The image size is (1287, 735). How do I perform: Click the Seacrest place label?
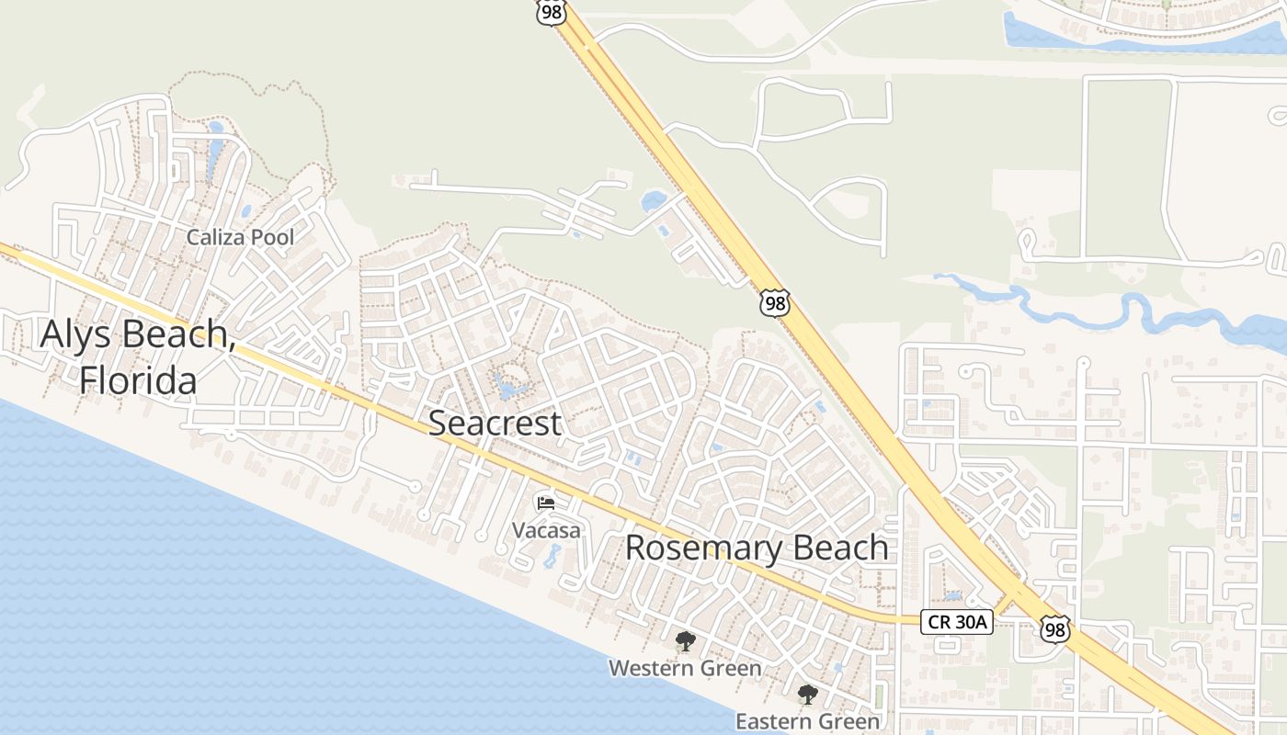tap(495, 424)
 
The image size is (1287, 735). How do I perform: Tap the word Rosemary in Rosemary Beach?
tap(699, 548)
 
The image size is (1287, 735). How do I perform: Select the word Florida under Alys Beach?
tap(138, 379)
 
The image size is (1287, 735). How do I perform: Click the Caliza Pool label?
tap(240, 237)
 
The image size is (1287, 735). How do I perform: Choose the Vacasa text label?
tap(546, 530)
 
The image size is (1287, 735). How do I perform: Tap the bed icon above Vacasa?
tap(546, 503)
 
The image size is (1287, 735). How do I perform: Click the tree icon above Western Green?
tap(685, 641)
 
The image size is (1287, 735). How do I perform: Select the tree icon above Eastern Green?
tap(807, 695)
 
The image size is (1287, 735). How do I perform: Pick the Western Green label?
tap(685, 668)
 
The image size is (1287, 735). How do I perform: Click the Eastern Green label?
tap(807, 721)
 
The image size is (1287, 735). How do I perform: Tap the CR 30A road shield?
tap(957, 622)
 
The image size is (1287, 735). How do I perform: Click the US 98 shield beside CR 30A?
tap(1055, 629)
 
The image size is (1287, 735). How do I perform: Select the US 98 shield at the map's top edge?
tap(552, 12)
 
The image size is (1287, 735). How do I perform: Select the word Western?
tap(646, 668)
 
